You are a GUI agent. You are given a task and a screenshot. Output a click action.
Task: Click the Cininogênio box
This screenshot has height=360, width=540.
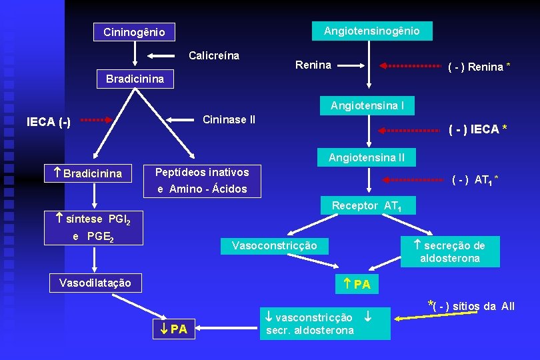[x=135, y=31]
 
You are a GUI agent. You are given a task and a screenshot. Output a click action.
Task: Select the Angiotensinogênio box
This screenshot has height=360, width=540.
[x=371, y=31]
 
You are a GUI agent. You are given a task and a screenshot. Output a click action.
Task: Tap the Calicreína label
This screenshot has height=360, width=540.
[x=214, y=55]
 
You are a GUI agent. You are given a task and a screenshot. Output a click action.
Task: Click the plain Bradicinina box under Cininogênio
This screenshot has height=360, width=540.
[x=135, y=79]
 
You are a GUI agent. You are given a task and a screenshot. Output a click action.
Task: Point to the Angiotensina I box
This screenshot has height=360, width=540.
[x=367, y=105]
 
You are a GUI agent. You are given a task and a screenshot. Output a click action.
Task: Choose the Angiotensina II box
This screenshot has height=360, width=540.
[x=366, y=158]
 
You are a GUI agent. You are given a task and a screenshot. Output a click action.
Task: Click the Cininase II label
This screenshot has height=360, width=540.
[x=229, y=120]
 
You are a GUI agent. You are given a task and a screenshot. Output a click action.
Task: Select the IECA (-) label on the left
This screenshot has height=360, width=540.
[x=48, y=122]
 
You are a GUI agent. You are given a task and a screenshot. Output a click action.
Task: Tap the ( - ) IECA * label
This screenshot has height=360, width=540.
[x=477, y=129]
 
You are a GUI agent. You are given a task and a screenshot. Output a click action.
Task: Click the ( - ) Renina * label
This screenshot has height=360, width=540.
[x=479, y=67]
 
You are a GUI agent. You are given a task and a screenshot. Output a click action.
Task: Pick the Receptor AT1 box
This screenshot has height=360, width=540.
[x=369, y=206]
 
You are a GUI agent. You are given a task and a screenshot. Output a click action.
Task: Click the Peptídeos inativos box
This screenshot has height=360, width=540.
[x=203, y=181]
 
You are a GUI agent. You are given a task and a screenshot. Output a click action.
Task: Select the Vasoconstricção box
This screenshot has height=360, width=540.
[x=274, y=245]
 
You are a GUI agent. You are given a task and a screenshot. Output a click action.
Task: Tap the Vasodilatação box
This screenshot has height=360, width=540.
[x=96, y=283]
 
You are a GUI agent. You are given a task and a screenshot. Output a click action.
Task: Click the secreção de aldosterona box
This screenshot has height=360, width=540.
[x=449, y=251]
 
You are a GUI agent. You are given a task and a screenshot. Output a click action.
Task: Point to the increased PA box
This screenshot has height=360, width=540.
[x=357, y=285]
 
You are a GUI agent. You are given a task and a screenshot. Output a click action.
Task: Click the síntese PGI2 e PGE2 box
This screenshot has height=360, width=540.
[x=96, y=227]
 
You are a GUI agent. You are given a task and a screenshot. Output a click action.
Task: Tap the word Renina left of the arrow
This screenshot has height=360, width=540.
[x=313, y=65]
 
